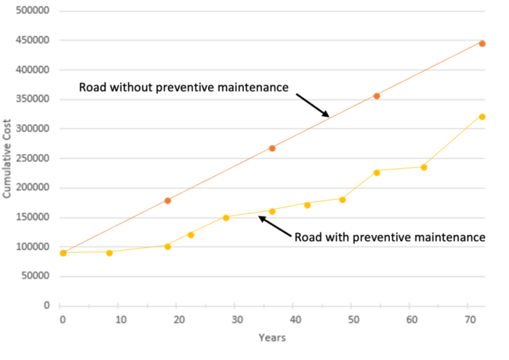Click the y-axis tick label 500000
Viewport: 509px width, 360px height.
[34, 11]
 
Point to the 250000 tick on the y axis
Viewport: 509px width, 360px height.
[34, 159]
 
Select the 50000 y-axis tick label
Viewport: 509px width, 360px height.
[36, 276]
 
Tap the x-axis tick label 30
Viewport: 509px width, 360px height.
[237, 320]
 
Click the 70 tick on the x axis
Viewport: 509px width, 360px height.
[470, 320]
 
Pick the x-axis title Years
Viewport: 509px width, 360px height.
[272, 338]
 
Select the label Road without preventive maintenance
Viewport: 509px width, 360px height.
[183, 88]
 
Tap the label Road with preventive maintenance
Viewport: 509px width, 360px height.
[390, 237]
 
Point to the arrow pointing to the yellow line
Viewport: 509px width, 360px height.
[275, 227]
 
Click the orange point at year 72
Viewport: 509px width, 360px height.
[482, 43]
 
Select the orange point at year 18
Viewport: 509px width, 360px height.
[168, 201]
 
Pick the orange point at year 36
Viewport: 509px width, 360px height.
[272, 148]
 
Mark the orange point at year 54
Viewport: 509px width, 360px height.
[377, 96]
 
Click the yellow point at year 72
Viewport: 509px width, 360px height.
[482, 117]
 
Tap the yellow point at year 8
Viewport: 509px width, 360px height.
[109, 252]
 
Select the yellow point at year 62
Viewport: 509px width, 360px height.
[424, 167]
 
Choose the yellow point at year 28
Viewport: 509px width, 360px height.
[225, 218]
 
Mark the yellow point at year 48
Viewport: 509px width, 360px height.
[342, 199]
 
